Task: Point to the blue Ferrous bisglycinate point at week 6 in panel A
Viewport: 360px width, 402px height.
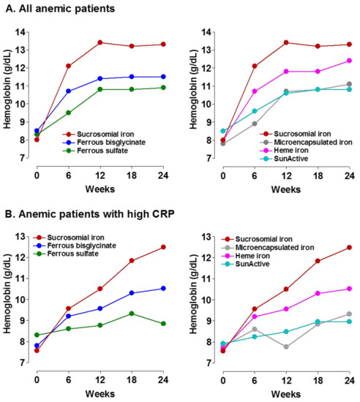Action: pos(69,91)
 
